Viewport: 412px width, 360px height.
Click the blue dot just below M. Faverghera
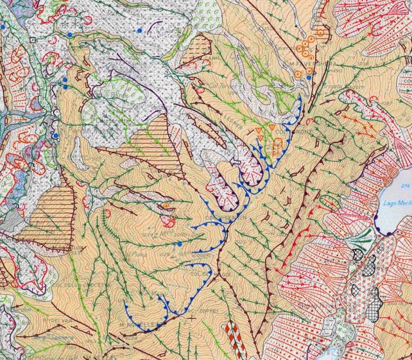tap(309, 78)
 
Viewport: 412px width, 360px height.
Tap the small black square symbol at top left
tap(32, 39)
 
